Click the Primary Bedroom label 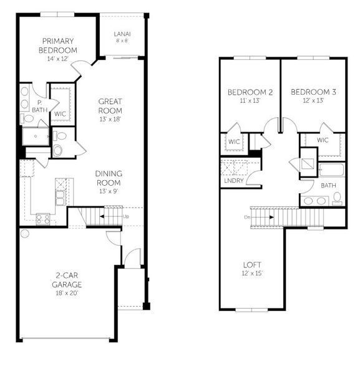57,46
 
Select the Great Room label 110,106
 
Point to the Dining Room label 109,178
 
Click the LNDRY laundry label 232,181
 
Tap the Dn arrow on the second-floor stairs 262,217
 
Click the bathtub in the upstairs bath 331,170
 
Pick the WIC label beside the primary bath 60,114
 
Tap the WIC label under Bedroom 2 234,141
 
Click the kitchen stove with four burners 43,218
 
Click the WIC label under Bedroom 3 323,140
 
